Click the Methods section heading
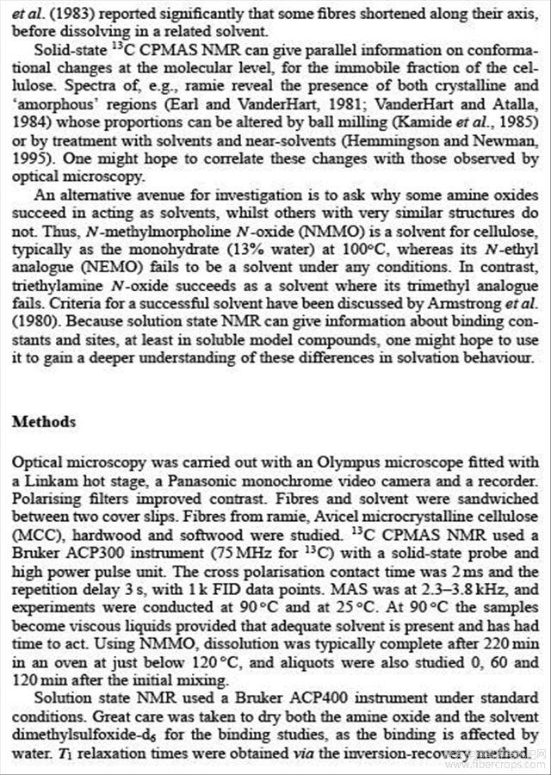[x=44, y=422]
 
